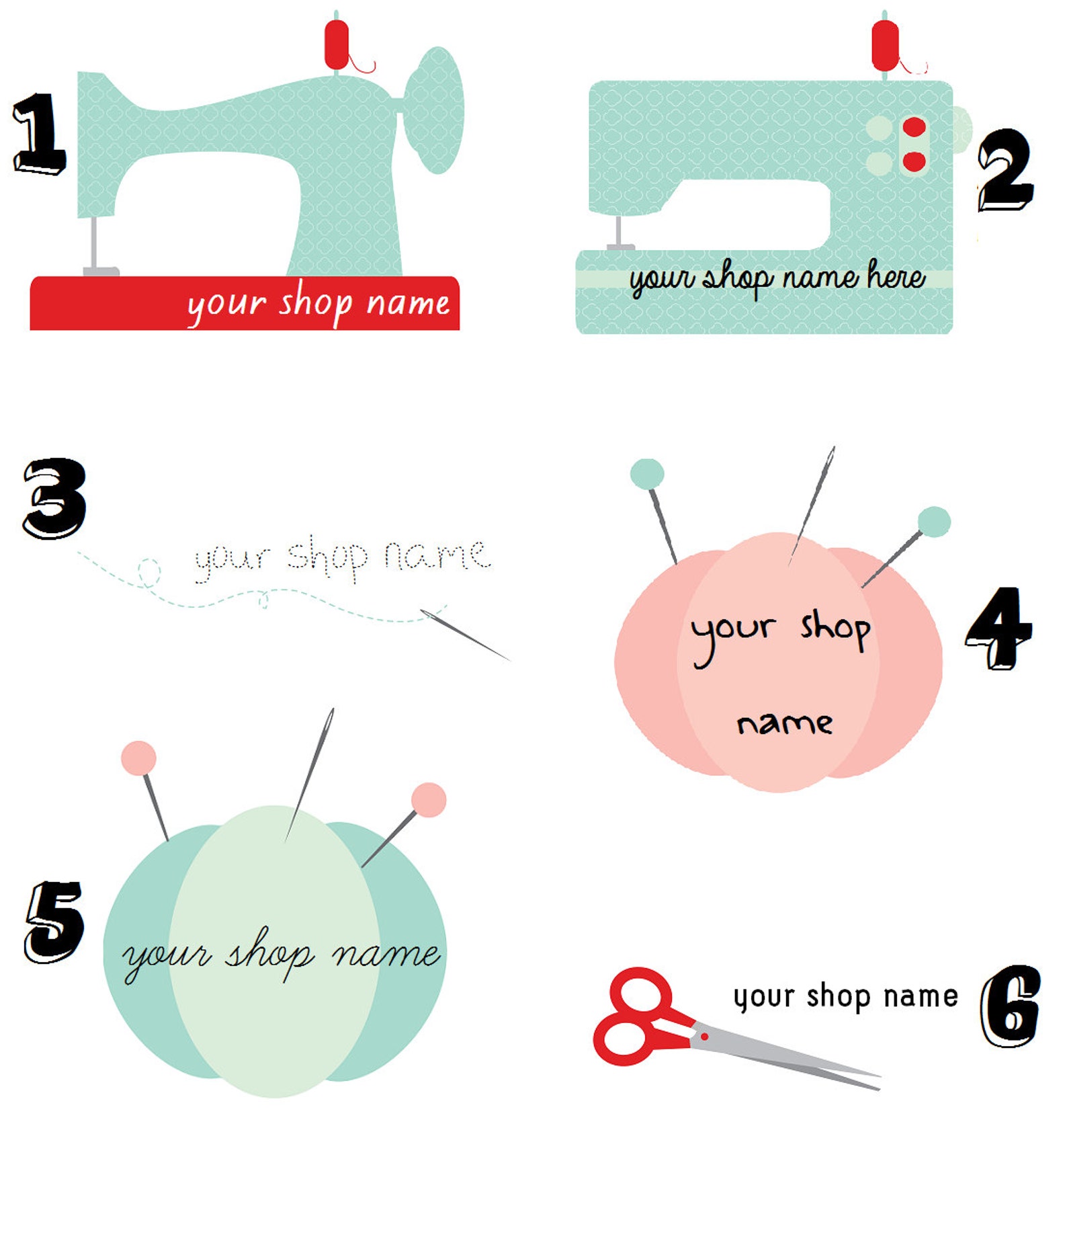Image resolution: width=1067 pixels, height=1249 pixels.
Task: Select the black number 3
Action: tap(54, 498)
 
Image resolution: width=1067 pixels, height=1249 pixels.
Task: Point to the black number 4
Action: tap(998, 628)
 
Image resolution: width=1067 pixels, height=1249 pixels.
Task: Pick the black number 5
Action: tap(54, 922)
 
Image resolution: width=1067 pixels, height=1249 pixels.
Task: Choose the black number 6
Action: tap(1010, 1006)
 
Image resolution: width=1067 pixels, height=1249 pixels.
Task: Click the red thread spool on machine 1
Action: tap(337, 44)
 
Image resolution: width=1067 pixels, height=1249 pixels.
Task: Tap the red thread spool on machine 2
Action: tap(884, 44)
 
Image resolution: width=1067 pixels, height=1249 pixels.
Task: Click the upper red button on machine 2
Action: tap(914, 126)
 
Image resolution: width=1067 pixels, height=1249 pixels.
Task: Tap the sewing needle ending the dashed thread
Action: tap(465, 635)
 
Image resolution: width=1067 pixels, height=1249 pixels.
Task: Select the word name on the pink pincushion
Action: tap(784, 724)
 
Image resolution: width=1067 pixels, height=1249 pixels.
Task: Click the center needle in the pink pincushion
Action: tap(812, 504)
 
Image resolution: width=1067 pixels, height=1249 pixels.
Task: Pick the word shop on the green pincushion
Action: tap(269, 955)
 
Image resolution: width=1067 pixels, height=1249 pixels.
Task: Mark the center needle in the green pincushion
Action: tap(310, 773)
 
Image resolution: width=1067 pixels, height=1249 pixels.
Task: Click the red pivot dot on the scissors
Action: tap(704, 1037)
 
